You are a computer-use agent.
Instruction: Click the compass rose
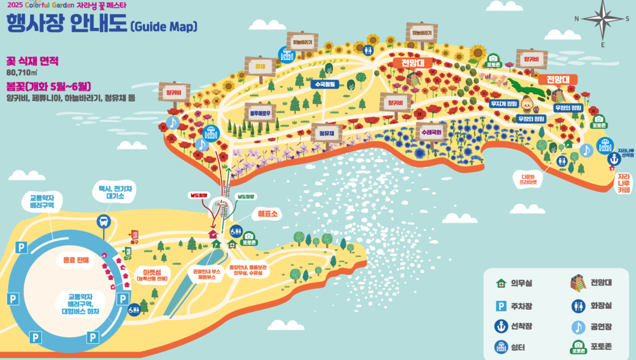tap(603, 19)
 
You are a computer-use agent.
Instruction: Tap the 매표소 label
tap(268, 214)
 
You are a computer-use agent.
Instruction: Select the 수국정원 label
tap(325, 85)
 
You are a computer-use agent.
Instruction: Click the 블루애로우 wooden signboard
tap(260, 113)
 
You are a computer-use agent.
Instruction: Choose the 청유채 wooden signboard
tap(326, 133)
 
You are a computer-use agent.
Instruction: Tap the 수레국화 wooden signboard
tap(431, 132)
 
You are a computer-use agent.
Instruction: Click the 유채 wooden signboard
tap(260, 67)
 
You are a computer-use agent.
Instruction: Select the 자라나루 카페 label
tap(623, 183)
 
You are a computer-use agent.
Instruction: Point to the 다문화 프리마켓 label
tap(528, 179)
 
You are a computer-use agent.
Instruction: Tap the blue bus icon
tap(104, 221)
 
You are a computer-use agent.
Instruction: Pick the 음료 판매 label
tap(76, 260)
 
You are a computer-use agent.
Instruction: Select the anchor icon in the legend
tap(501, 326)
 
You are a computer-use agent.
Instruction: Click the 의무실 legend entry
tap(514, 283)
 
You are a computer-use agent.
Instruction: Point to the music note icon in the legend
tap(578, 327)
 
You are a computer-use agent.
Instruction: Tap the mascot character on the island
tap(527, 104)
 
